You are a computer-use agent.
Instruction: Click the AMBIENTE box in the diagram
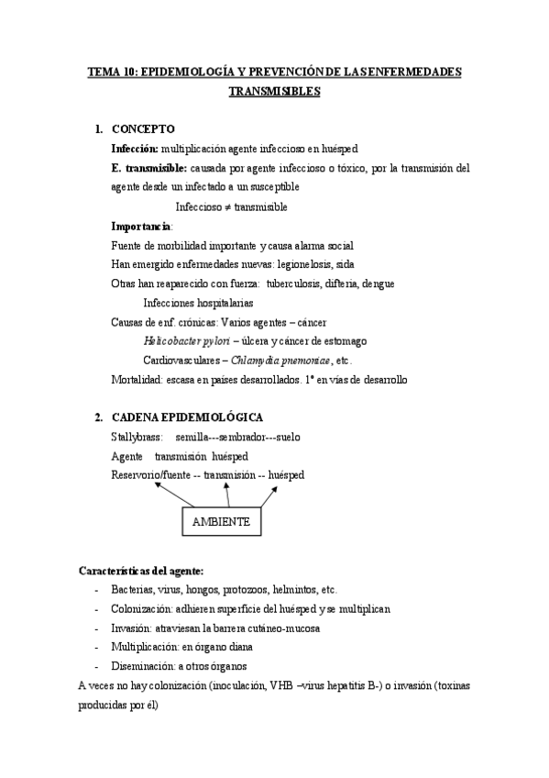(x=221, y=521)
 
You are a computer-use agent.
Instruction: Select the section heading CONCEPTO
(x=143, y=128)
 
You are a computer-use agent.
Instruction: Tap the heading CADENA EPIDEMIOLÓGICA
(x=186, y=417)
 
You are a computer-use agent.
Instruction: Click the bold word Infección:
(x=135, y=148)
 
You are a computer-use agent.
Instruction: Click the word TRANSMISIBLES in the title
(x=274, y=92)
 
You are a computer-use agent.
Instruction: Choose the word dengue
(x=378, y=283)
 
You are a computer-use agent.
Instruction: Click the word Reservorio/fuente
(x=151, y=474)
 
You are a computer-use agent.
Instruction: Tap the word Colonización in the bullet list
(x=142, y=608)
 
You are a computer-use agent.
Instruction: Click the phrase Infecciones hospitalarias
(x=198, y=303)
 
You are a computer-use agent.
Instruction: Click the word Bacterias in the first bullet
(x=134, y=589)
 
